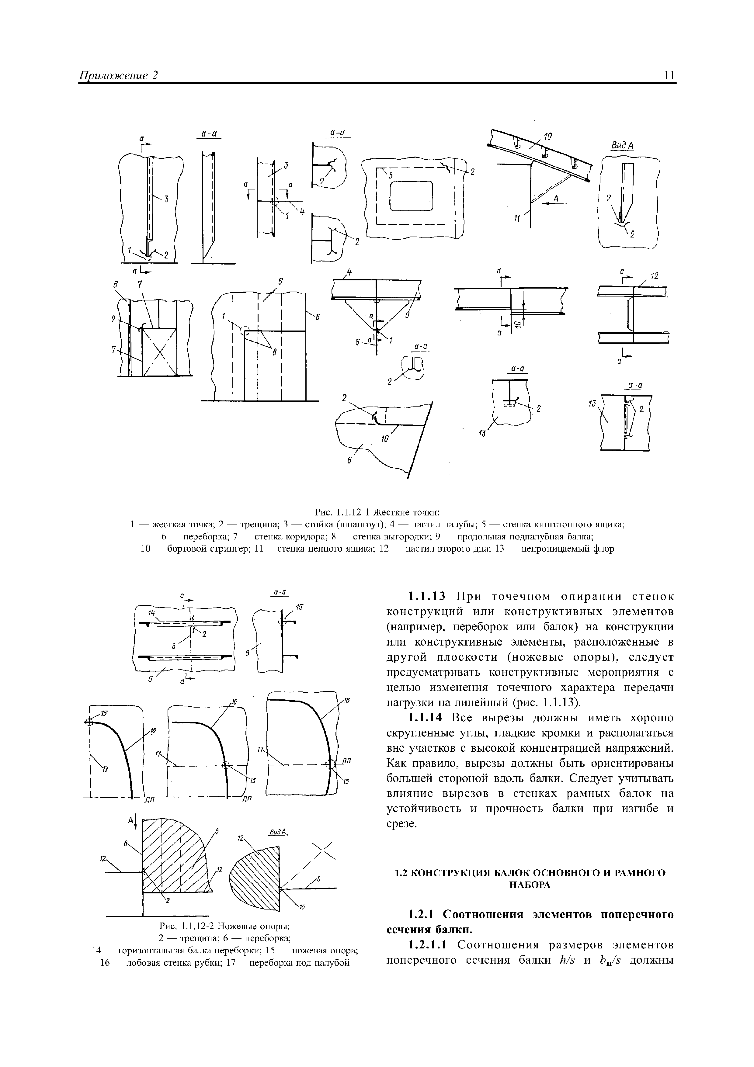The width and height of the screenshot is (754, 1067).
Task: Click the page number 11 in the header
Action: pos(670,75)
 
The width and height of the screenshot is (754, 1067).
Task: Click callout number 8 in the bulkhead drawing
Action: pos(274,353)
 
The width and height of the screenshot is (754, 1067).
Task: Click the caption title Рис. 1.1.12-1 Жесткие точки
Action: pos(377,512)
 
